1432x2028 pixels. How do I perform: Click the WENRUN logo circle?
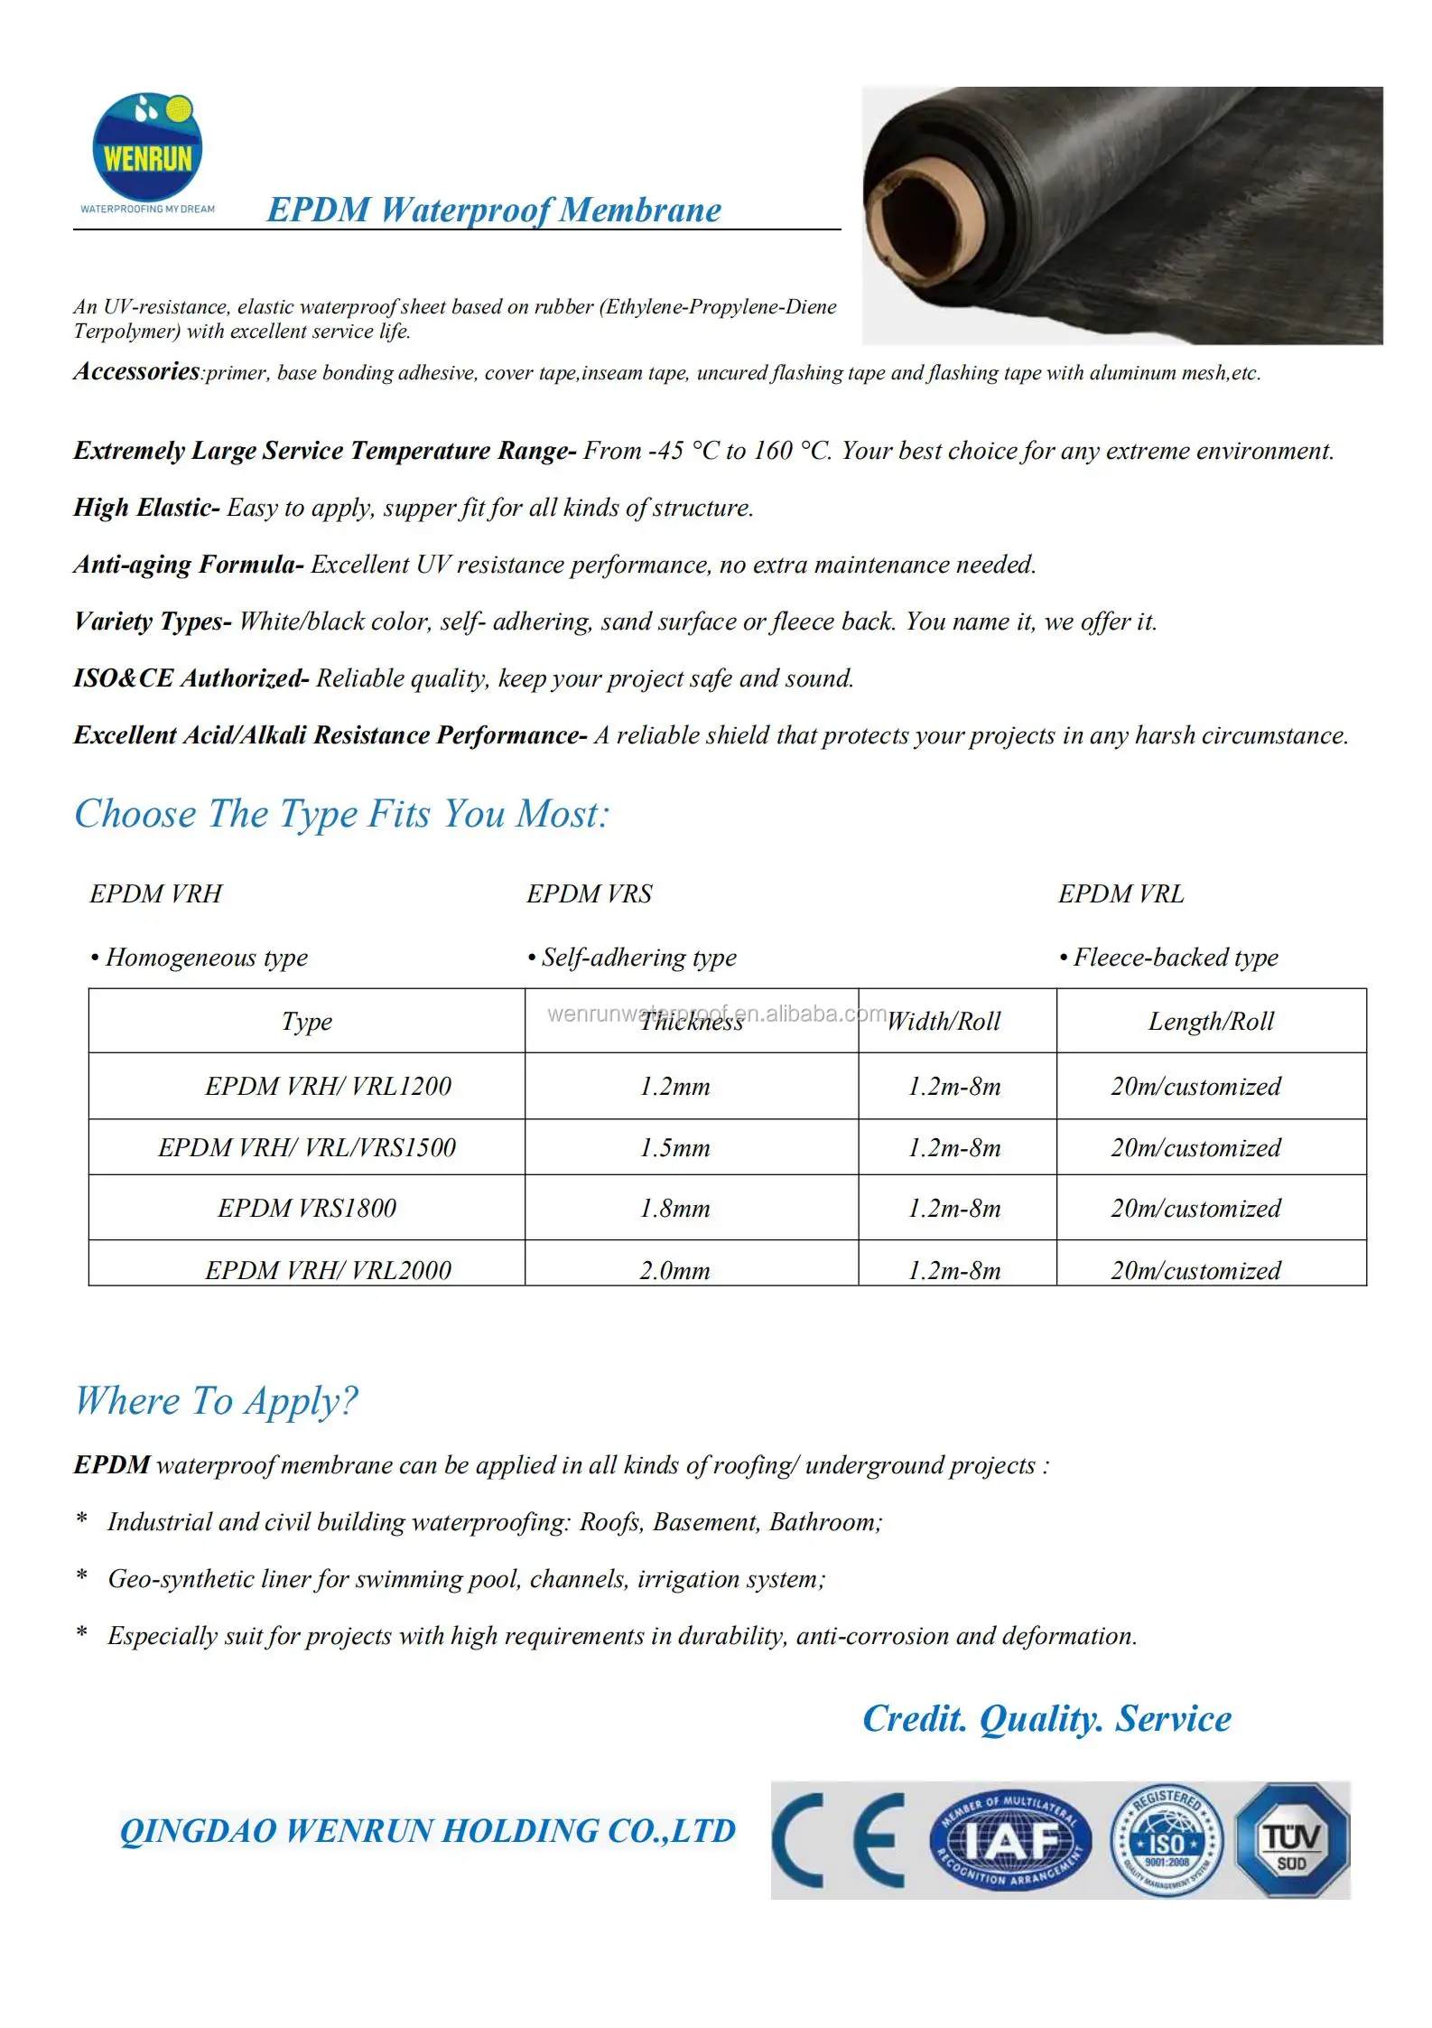click(147, 147)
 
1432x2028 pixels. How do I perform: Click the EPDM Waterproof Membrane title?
click(494, 210)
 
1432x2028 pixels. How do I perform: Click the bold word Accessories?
click(136, 371)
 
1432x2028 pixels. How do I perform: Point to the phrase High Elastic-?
click(146, 508)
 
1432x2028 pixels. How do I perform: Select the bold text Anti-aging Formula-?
click(189, 565)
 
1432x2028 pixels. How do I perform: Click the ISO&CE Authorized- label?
click(191, 678)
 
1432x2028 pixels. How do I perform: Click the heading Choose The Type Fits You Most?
click(341, 814)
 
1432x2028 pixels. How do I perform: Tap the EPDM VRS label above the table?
click(589, 893)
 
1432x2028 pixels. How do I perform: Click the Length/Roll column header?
click(1211, 1022)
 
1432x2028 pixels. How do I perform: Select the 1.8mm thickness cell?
click(674, 1209)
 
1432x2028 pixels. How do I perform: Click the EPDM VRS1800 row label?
click(307, 1209)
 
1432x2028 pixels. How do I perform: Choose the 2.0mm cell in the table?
click(674, 1270)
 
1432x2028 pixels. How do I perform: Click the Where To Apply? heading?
click(216, 1401)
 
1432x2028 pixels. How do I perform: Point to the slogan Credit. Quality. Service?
click(1046, 1718)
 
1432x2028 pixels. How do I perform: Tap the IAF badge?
click(1010, 1840)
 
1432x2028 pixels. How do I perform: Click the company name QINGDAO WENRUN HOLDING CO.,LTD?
click(427, 1831)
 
